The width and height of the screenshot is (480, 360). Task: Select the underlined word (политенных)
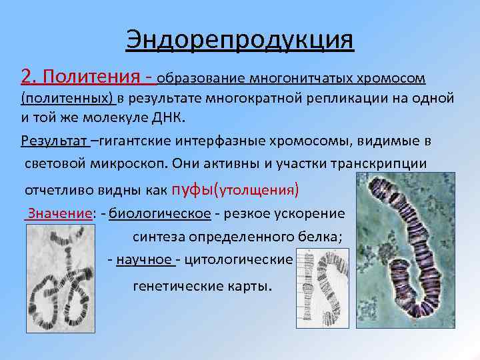click(x=67, y=99)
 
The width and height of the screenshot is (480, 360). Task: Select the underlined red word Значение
click(x=58, y=213)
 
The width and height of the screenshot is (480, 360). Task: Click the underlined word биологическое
click(x=160, y=213)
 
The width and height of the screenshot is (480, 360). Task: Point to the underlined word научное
click(x=144, y=259)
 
